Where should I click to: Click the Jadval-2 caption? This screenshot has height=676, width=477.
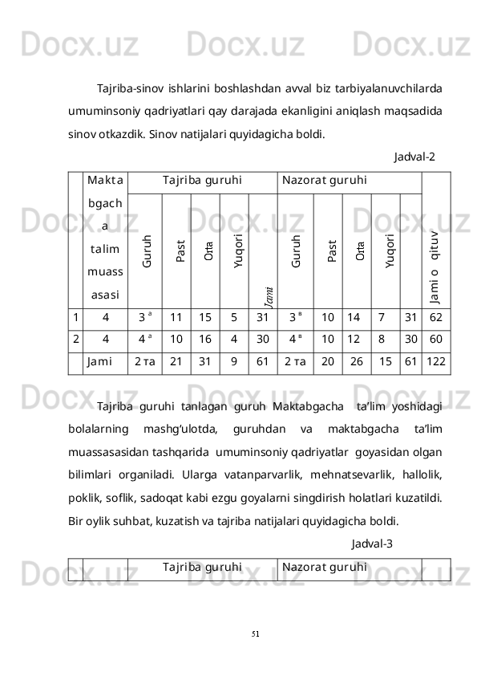pos(415,156)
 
